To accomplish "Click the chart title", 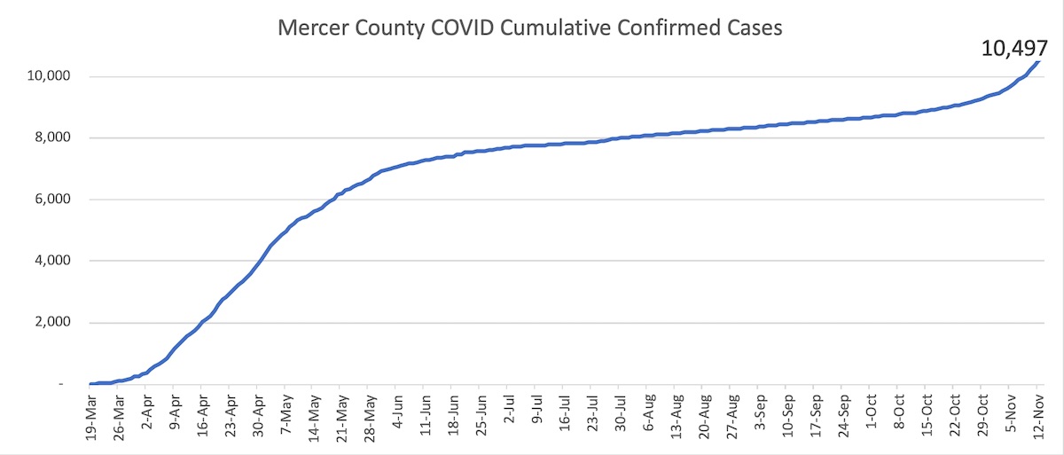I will coord(530,27).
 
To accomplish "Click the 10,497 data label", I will coord(1020,48).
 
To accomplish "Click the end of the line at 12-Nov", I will coord(1039,61).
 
